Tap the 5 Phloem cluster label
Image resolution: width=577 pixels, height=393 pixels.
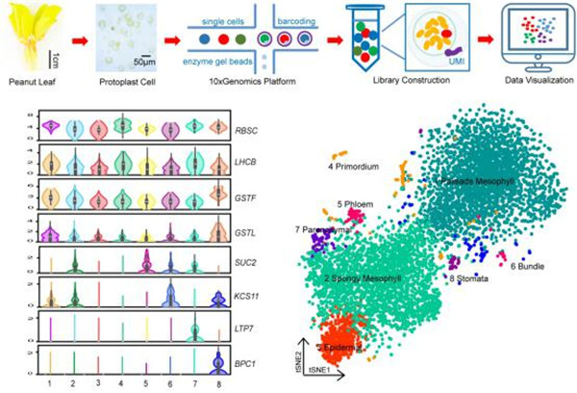point(357,204)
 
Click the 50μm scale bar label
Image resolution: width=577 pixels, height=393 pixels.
point(146,61)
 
